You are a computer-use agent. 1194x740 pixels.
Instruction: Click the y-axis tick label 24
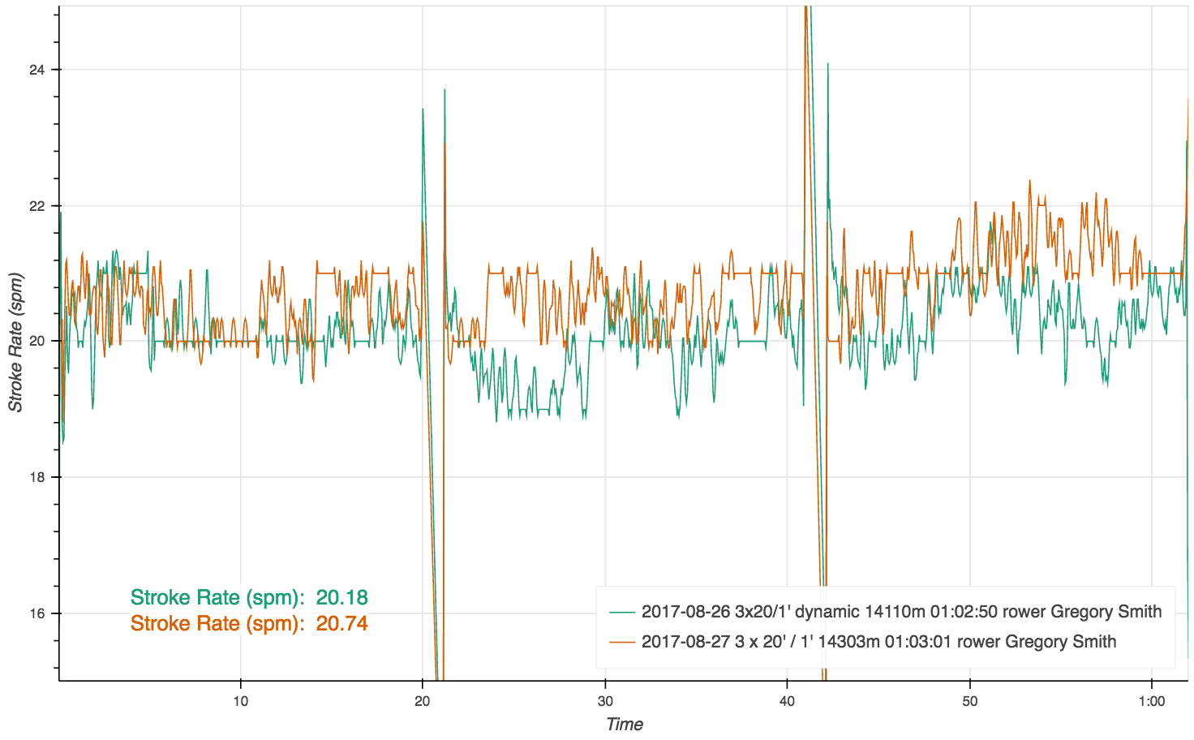(36, 70)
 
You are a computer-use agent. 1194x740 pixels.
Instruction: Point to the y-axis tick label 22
(36, 206)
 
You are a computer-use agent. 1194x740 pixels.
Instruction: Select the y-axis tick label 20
(36, 342)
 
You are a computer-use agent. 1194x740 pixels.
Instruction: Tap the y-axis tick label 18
(36, 478)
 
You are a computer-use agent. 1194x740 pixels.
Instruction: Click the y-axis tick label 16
(36, 614)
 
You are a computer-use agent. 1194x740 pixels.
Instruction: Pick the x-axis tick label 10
(240, 701)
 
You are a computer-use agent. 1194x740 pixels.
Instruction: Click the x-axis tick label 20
(423, 701)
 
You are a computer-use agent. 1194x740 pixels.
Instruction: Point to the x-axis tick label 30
(604, 701)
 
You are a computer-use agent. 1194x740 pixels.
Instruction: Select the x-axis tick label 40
(787, 701)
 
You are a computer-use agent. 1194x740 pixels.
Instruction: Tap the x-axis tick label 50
(969, 701)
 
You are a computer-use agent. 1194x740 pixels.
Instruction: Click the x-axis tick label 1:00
(1151, 701)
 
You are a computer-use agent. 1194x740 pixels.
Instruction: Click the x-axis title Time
(624, 725)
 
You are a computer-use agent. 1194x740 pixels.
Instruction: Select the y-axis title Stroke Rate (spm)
(15, 342)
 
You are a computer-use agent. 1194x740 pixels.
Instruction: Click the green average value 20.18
(341, 598)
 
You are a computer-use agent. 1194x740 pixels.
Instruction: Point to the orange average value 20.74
(341, 624)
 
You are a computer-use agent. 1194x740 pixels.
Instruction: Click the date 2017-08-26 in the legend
(685, 612)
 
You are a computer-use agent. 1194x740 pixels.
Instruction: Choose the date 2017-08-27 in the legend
(685, 642)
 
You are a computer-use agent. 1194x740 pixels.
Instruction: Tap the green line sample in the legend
(622, 612)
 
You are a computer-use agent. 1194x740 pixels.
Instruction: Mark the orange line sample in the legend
(622, 642)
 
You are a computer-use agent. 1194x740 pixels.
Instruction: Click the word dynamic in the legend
(829, 612)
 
